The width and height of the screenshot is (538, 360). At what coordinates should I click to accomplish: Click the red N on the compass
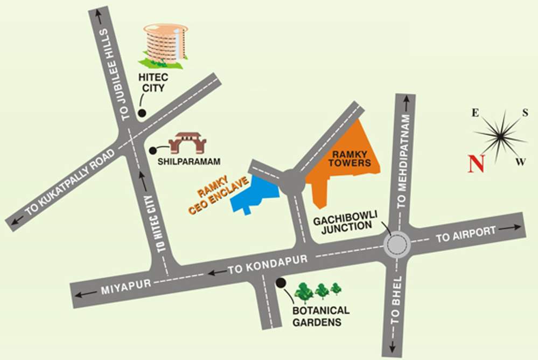point(476,163)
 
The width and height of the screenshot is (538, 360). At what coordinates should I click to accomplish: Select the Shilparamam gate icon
point(187,143)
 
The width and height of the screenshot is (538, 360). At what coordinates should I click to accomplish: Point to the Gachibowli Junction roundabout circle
point(397,245)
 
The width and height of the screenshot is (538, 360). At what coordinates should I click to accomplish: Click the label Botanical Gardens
point(321,316)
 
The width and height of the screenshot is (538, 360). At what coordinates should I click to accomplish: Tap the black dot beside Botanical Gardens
point(280,282)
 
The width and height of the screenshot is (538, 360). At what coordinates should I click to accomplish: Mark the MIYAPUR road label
point(123,289)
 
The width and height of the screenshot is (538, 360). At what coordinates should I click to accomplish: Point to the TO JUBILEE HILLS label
point(115,74)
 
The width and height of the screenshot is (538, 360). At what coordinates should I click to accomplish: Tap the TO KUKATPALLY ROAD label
point(70,182)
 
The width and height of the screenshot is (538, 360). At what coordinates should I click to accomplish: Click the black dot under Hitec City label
point(142,113)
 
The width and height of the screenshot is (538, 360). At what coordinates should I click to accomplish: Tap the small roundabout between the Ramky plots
point(292,182)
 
